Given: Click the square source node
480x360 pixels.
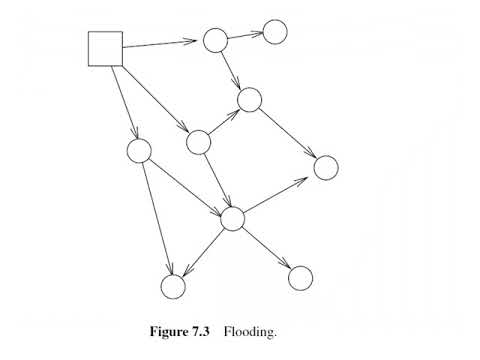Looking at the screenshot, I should [x=105, y=48].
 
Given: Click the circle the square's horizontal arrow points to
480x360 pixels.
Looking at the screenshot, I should [x=216, y=40].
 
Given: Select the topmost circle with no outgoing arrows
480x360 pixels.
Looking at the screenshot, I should [x=275, y=31].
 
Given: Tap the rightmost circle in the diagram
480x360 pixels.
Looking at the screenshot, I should [x=326, y=167].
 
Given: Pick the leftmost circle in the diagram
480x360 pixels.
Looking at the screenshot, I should [x=139, y=152].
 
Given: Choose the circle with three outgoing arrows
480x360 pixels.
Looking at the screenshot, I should [x=232, y=218].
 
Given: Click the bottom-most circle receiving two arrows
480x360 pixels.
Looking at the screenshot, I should [x=173, y=287].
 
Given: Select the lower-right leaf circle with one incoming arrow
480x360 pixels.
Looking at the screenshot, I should [x=300, y=277].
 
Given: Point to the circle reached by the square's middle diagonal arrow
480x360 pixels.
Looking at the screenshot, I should [x=198, y=142].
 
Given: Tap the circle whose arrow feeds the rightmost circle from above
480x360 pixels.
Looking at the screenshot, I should [x=250, y=99].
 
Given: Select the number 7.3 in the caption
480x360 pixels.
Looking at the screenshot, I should [x=208, y=329].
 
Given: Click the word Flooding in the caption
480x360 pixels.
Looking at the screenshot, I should [x=249, y=329].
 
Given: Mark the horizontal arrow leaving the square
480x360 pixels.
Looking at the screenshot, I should [x=160, y=44].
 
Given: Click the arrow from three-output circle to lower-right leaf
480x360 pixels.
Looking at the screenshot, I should [x=266, y=248].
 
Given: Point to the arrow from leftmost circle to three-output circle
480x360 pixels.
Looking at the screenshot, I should [x=185, y=185].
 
